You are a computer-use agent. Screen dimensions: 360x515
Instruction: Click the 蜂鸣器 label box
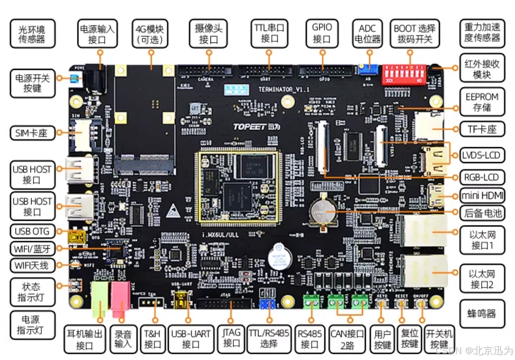tap(481, 313)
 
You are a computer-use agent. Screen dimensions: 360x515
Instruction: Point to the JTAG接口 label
tap(231, 338)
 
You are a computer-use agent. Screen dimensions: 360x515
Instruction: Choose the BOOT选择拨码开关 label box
tap(414, 33)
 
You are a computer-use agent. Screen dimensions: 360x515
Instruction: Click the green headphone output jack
tap(100, 300)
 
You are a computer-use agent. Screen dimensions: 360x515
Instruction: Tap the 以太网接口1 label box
tap(481, 239)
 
